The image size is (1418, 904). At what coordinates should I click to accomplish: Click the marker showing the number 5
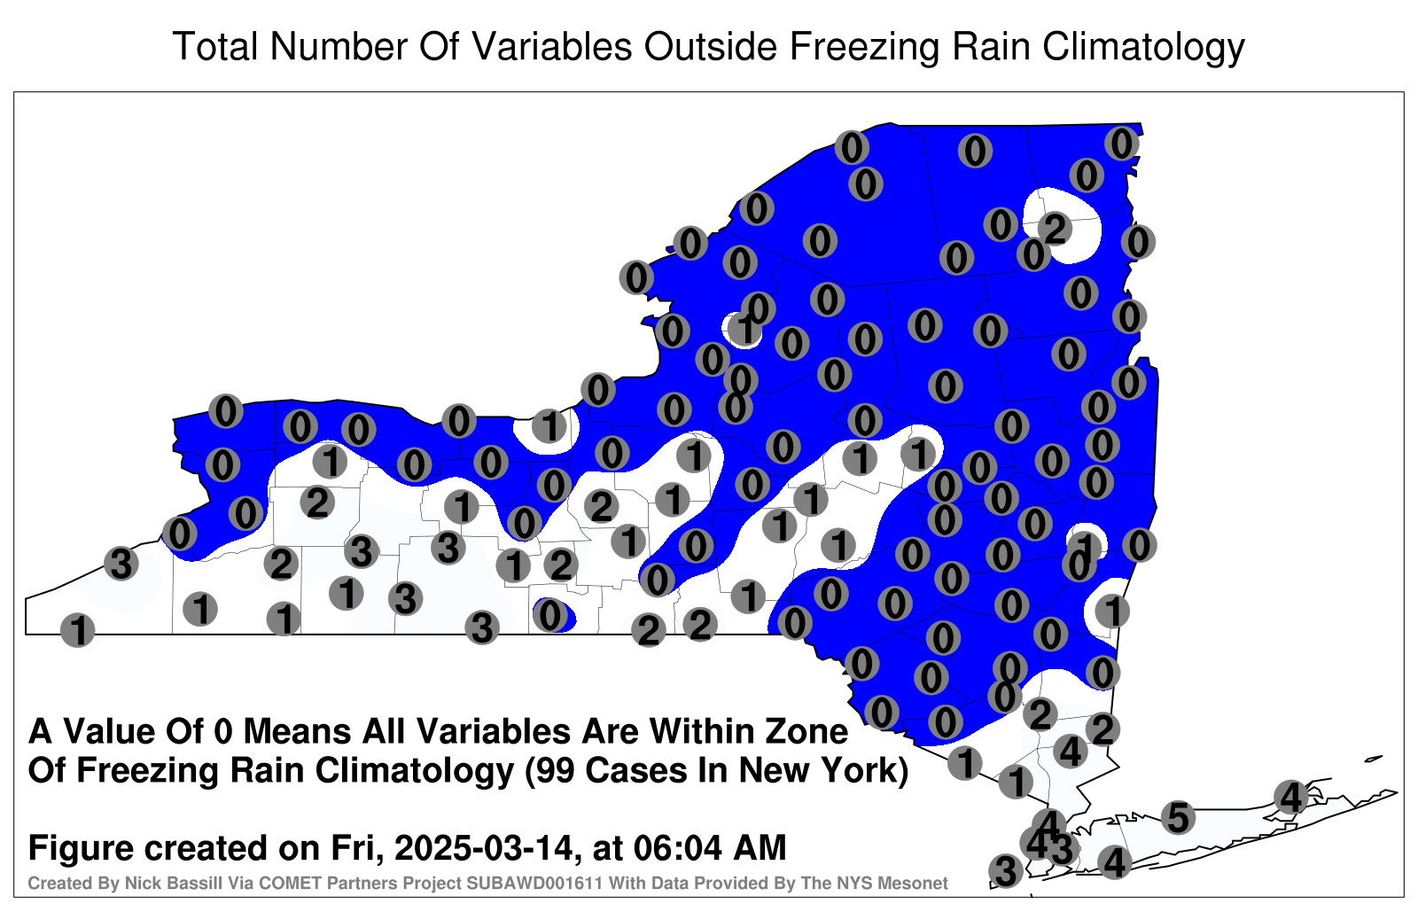coord(1178,816)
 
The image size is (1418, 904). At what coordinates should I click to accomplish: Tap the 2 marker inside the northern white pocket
coord(1055,229)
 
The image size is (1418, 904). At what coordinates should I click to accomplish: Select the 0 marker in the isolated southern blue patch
coord(549,614)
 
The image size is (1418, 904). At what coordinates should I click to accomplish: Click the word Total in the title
coord(215,46)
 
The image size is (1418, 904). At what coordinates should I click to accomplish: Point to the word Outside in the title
coord(710,46)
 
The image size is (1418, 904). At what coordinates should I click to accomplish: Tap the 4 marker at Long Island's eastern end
coord(1290,797)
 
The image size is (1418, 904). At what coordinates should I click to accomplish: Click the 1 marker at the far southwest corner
coord(77,630)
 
